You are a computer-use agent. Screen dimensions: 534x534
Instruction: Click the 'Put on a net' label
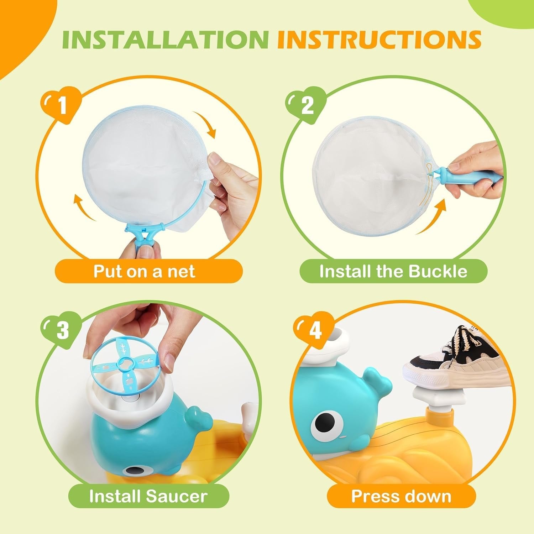pyautogui.click(x=144, y=271)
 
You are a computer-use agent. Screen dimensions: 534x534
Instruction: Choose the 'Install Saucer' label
pyautogui.click(x=148, y=496)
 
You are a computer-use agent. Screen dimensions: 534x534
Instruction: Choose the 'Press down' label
pyautogui.click(x=401, y=496)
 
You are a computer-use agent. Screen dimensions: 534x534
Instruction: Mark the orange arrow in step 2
pyautogui.click(x=433, y=217)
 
